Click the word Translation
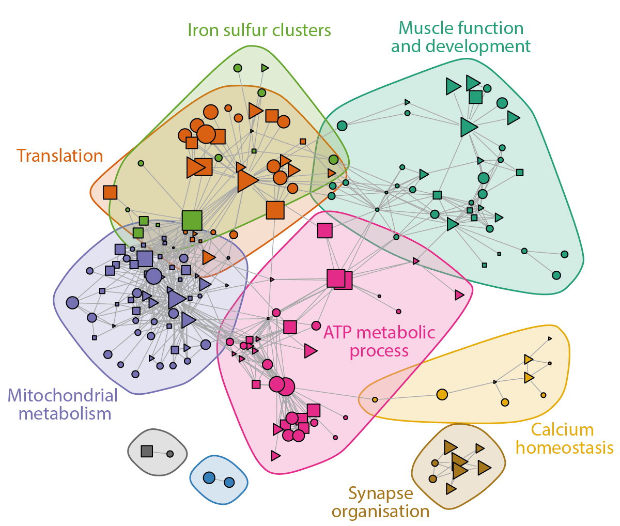(x=59, y=156)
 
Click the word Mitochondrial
(x=63, y=396)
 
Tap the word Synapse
(x=380, y=493)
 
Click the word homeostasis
(x=564, y=447)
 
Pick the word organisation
(x=380, y=512)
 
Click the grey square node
(x=147, y=451)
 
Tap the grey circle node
(x=170, y=454)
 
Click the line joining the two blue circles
(x=219, y=480)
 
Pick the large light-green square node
(x=192, y=221)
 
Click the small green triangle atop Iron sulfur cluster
(x=265, y=68)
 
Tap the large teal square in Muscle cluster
(x=475, y=97)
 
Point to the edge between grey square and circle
(x=160, y=453)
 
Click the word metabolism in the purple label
(x=65, y=413)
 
